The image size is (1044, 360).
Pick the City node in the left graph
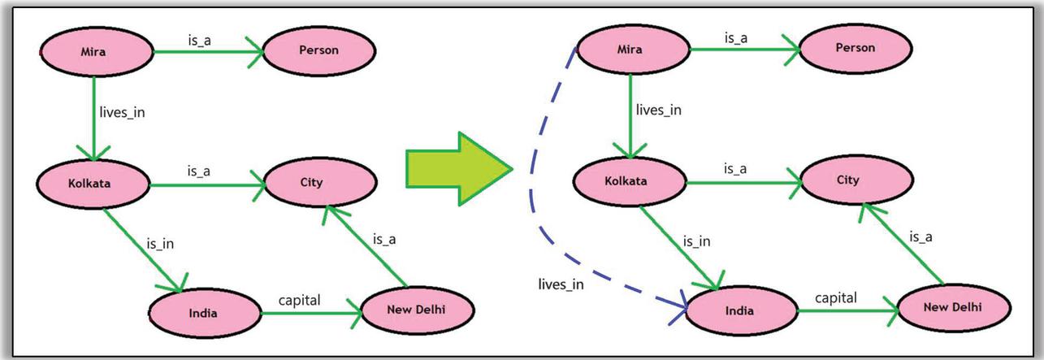pos(311,182)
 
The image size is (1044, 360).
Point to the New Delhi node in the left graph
pos(417,308)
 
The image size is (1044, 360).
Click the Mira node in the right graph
pos(630,50)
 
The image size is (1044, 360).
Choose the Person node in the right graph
pos(856,48)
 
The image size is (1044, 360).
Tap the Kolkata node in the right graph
pos(626,180)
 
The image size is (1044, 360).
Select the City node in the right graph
pos(847,180)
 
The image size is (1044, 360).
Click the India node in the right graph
pos(739,310)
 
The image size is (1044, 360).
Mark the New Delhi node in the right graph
pos(953,306)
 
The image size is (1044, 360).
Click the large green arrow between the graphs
pos(457,167)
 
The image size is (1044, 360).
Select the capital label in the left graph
pos(300,301)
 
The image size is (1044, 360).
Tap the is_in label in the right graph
pos(696,241)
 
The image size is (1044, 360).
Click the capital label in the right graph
pos(836,298)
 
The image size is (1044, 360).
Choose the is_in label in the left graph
pos(159,243)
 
